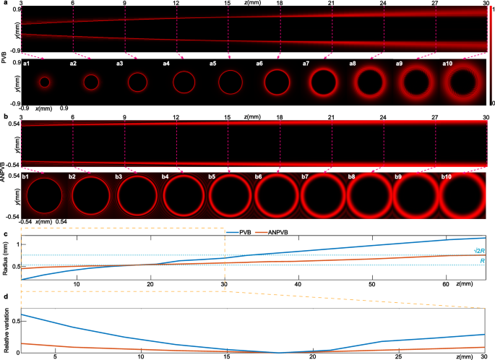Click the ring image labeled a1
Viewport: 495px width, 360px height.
[x=45, y=82]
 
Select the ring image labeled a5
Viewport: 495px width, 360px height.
[x=230, y=81]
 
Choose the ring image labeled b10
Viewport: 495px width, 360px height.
[x=461, y=195]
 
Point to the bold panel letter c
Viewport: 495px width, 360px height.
[x=6, y=233]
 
